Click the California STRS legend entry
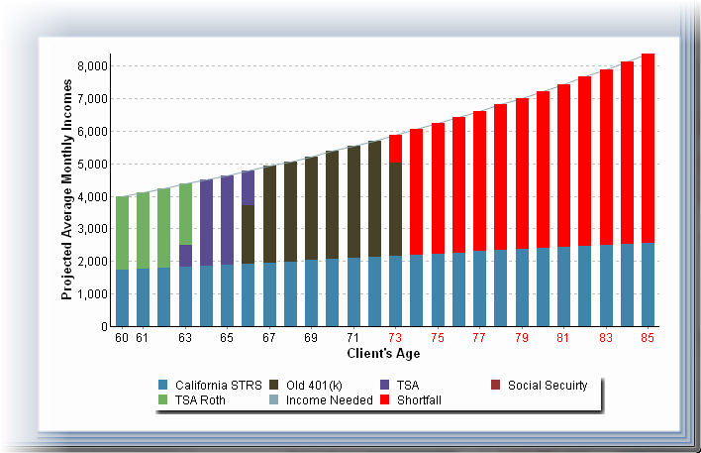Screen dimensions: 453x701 click(207, 386)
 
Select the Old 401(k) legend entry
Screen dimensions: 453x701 click(316, 386)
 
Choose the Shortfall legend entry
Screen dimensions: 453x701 click(418, 400)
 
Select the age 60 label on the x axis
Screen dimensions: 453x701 click(122, 338)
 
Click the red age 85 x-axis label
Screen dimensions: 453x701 click(648, 338)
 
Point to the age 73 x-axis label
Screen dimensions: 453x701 click(395, 338)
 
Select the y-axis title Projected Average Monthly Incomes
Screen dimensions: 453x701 click(67, 191)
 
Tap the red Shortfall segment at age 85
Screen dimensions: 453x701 click(648, 149)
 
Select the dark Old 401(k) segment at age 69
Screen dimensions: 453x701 click(311, 208)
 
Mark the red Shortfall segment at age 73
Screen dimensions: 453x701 click(395, 148)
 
